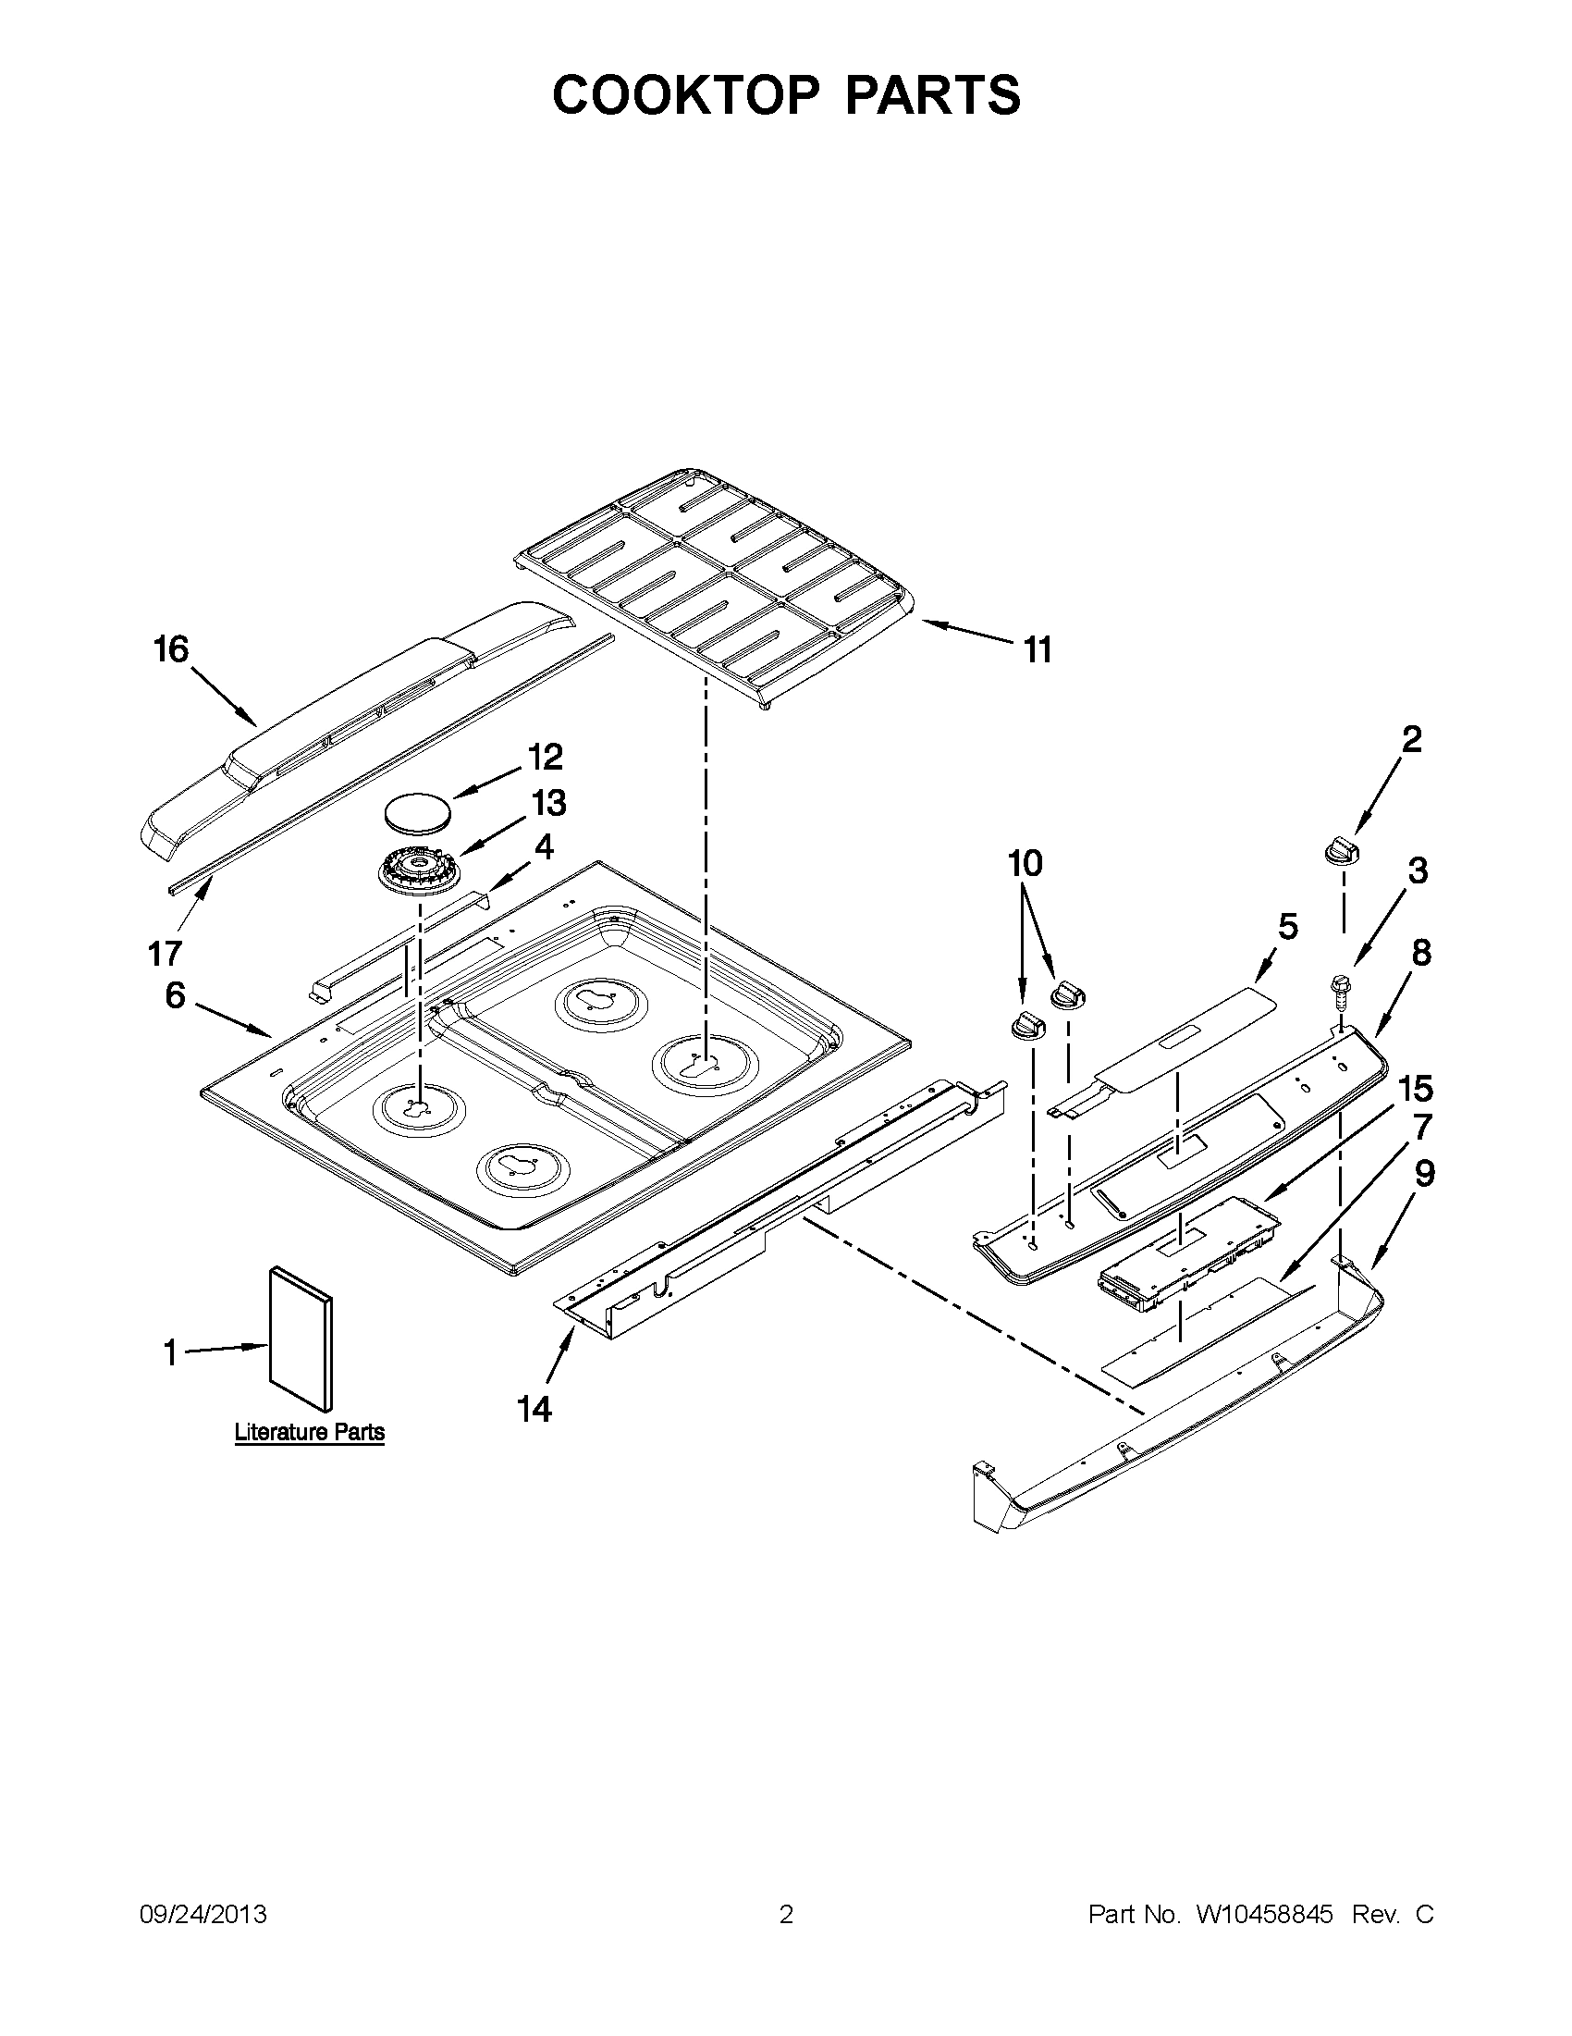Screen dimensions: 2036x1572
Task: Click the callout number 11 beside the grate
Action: (1038, 649)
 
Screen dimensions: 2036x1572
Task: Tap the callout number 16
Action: (171, 648)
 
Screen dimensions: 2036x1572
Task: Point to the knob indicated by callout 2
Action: (1341, 851)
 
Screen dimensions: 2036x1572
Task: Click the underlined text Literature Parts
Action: (310, 1432)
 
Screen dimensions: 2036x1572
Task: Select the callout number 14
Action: (534, 1410)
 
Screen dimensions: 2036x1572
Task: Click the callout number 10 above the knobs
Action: (1024, 863)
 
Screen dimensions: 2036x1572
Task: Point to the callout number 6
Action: (175, 995)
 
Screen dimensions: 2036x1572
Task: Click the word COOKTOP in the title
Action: (686, 94)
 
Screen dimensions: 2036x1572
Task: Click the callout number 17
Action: (165, 954)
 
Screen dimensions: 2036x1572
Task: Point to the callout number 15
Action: (1415, 1088)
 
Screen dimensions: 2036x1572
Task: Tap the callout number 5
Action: (1287, 927)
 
